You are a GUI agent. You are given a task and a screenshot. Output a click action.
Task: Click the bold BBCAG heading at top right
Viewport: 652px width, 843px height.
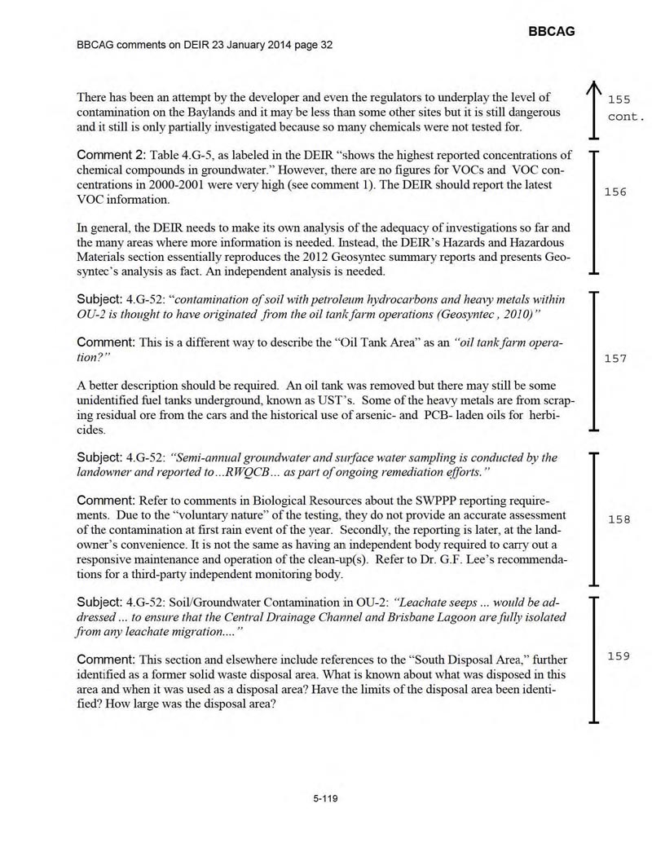[552, 31]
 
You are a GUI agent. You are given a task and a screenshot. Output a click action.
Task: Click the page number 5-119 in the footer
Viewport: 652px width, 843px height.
[325, 798]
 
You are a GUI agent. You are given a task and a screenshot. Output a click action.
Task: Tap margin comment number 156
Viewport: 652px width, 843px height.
[615, 192]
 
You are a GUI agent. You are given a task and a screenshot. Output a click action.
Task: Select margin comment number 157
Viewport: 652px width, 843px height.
[615, 358]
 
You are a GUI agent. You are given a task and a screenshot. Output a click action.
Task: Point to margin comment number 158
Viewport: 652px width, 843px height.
[616, 519]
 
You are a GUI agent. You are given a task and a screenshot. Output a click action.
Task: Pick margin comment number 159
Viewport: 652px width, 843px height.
[616, 656]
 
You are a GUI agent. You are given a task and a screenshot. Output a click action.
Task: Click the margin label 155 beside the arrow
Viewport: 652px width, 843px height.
[619, 99]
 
